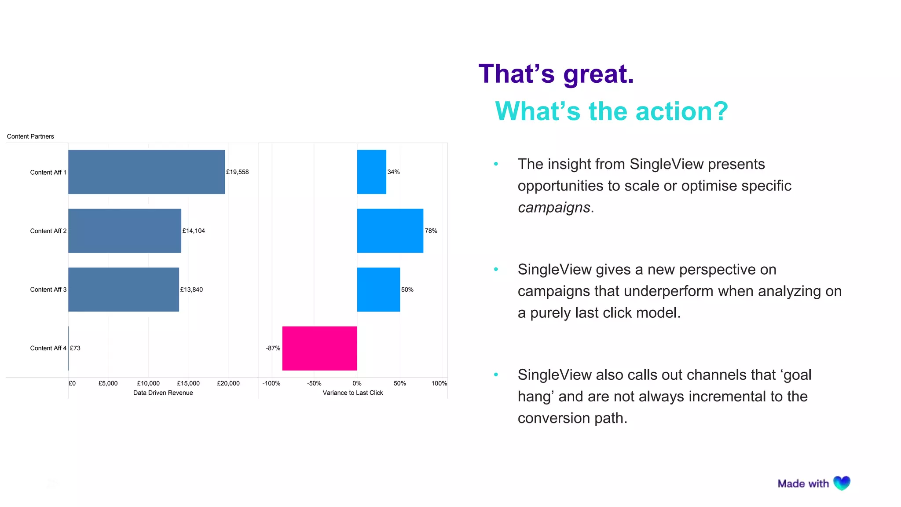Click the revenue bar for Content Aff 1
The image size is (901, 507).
pos(147,172)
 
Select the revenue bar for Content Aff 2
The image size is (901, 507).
pos(125,231)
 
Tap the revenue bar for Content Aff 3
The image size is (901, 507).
pos(124,290)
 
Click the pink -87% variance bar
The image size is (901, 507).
pos(319,348)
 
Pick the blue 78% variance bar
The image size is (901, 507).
pos(390,231)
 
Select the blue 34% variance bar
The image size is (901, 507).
pos(371,172)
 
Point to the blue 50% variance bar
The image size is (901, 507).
pos(378,290)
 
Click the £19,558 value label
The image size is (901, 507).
pos(237,172)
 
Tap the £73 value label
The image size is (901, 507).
pos(75,348)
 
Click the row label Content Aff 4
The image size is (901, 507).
pos(48,348)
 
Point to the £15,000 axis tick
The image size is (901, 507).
pos(188,383)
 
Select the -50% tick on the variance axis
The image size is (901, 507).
pos(314,383)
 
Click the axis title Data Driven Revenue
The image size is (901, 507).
pos(163,393)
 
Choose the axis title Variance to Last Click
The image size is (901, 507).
pos(352,393)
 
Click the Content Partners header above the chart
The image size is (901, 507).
pos(30,136)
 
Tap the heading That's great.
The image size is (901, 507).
pos(556,74)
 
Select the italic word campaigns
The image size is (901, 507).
pos(554,207)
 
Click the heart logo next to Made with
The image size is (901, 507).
pos(842,483)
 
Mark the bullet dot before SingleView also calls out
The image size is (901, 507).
pos(496,375)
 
